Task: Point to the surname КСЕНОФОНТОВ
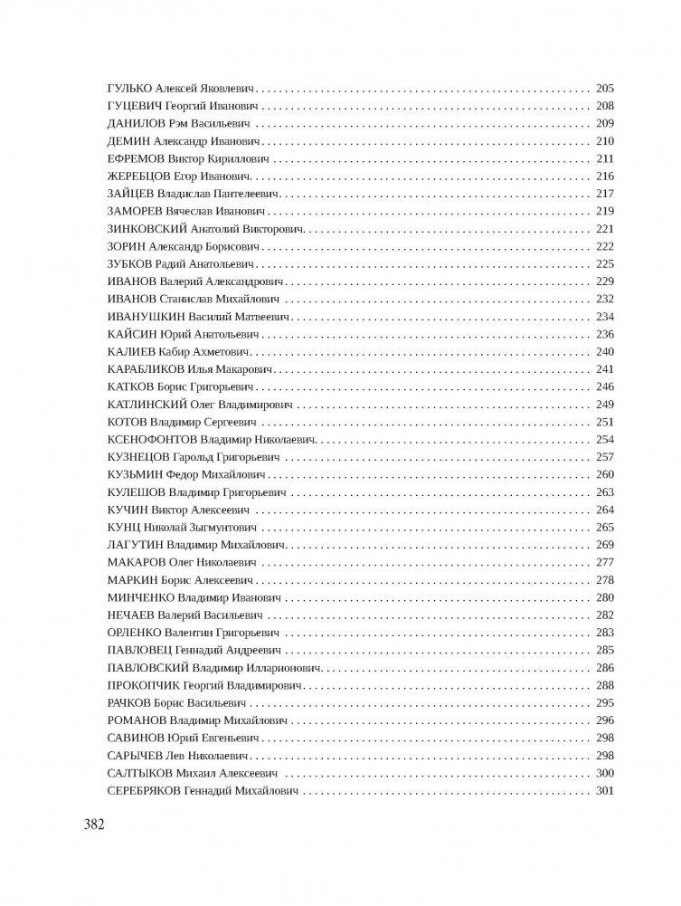[x=151, y=439]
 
